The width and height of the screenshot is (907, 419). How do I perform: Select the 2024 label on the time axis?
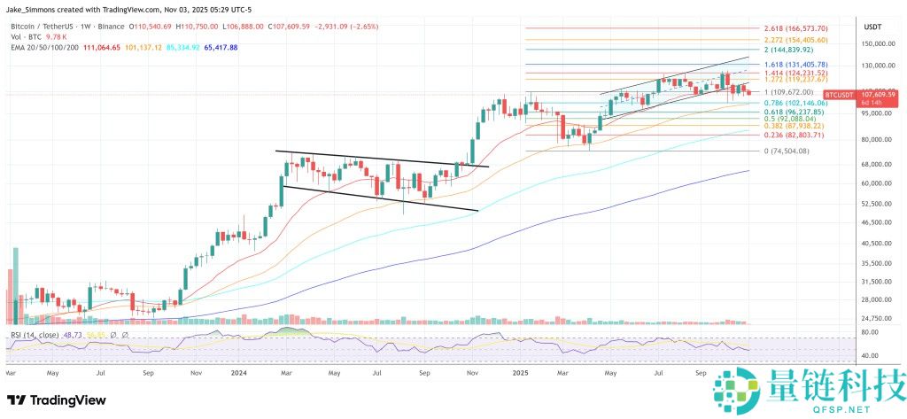pos(239,374)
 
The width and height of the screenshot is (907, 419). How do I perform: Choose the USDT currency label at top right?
pos(873,27)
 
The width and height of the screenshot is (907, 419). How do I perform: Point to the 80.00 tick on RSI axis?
pos(870,332)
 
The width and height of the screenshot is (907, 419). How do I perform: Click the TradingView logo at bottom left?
pos(56,400)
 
